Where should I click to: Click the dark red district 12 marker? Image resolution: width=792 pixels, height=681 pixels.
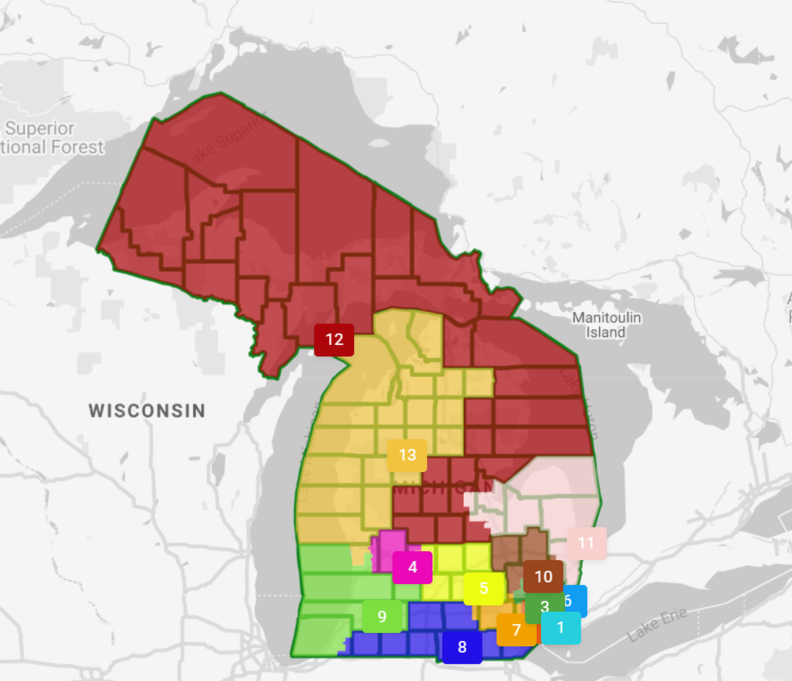(x=334, y=340)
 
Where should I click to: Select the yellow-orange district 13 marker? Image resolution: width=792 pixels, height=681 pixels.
(x=407, y=455)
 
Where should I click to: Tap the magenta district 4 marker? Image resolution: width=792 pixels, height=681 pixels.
(x=412, y=567)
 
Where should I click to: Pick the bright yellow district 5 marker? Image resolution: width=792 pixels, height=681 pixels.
(x=484, y=588)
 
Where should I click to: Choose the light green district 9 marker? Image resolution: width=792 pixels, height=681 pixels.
(x=382, y=616)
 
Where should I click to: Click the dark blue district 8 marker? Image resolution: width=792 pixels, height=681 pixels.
(x=462, y=647)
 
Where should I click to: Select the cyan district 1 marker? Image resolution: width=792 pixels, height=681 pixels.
(x=561, y=628)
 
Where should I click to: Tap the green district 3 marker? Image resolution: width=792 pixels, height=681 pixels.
(x=544, y=606)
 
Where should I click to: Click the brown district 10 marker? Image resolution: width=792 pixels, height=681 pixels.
(x=543, y=577)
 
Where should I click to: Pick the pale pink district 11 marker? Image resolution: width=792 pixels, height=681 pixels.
(x=586, y=543)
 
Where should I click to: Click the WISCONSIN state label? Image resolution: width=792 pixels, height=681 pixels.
(x=147, y=411)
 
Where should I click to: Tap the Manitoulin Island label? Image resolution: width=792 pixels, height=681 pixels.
(x=606, y=325)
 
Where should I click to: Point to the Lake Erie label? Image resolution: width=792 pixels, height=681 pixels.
(x=657, y=624)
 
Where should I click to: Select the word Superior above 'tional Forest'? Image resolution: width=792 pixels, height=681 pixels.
(x=40, y=129)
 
